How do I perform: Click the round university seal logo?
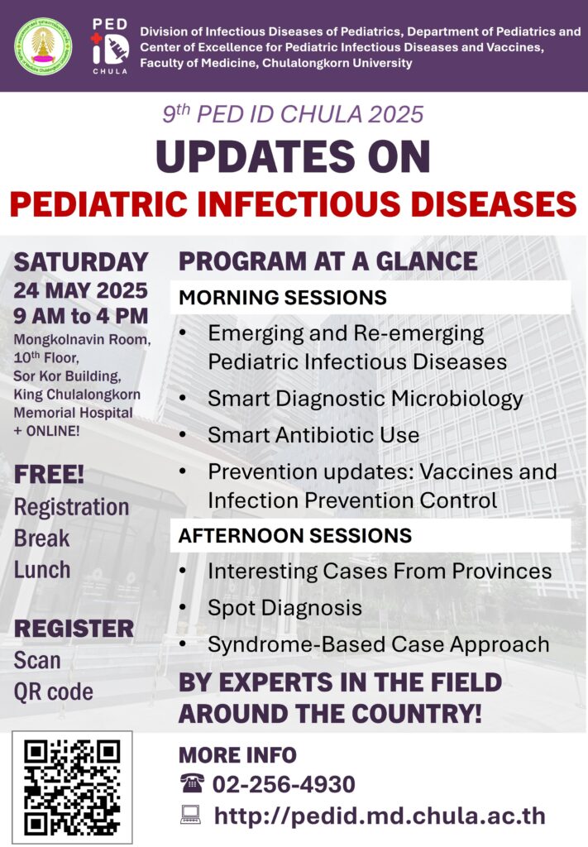click(43, 44)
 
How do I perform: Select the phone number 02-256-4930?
click(284, 784)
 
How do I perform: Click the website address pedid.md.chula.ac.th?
click(380, 816)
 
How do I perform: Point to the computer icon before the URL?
click(191, 816)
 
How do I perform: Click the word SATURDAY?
click(81, 261)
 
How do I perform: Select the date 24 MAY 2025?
click(80, 290)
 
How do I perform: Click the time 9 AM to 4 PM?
click(80, 316)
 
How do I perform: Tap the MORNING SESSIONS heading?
click(282, 297)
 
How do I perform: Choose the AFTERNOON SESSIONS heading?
click(294, 535)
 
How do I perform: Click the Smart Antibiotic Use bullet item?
click(313, 434)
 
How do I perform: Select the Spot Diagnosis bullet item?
click(284, 607)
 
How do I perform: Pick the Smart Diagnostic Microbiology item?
click(365, 398)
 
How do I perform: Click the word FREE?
click(49, 475)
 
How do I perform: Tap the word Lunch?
click(42, 569)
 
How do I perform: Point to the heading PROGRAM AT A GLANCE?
click(327, 261)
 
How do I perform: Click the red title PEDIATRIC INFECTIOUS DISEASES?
click(294, 202)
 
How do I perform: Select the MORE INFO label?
click(237, 754)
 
